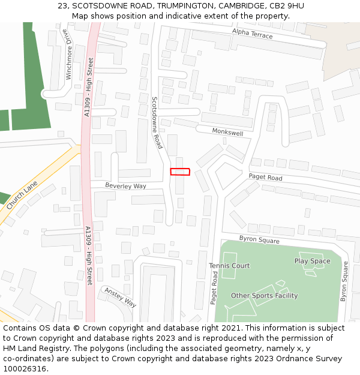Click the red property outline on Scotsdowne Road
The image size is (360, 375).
coord(180,172)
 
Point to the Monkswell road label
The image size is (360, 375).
coord(227,132)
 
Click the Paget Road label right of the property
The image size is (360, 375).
coord(265,178)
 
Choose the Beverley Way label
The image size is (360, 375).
coord(126,186)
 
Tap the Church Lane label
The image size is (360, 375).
coord(22,195)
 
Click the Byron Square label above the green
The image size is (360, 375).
coord(259,239)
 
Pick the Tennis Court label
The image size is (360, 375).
coord(229,266)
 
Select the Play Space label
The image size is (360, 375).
coord(312,261)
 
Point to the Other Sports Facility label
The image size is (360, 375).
coord(264,296)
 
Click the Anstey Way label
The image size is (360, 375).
coord(121,297)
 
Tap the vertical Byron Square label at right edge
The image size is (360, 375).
coord(344,281)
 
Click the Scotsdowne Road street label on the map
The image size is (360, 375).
coord(157,123)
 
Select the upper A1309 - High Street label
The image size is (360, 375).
coord(88,87)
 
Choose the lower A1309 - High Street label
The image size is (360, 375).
coord(88,256)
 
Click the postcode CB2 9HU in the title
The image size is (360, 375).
coord(287,6)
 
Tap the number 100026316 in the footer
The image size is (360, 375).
coord(25,368)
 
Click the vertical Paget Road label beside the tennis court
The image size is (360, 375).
coord(214,287)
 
